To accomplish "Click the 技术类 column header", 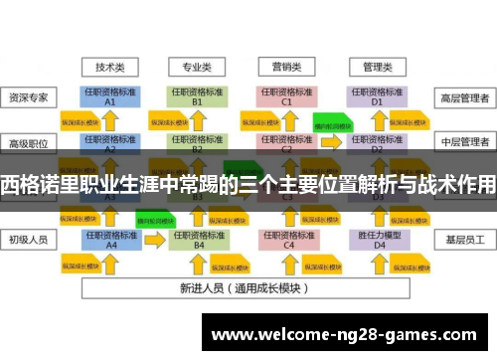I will coord(110,68).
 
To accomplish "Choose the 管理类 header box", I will coord(377,68).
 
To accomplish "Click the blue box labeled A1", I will coord(110,96).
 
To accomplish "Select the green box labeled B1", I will coord(197,96).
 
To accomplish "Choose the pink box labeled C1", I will coord(286,96).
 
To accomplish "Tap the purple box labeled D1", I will coord(377,96).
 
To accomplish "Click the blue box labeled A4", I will coord(110,239).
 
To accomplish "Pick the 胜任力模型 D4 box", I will coord(377,239).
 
